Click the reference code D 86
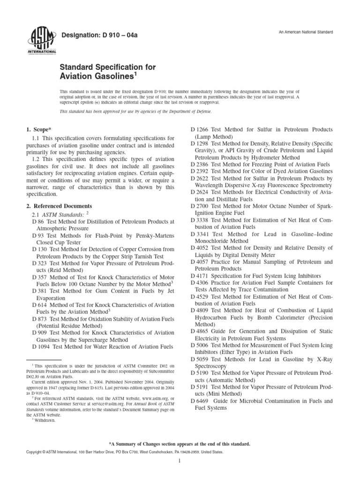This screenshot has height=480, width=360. coord(38,221)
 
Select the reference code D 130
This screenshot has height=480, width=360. coord(39,249)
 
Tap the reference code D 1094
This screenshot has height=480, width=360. coord(41,346)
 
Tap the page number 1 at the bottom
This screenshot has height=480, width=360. coord(180,461)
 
